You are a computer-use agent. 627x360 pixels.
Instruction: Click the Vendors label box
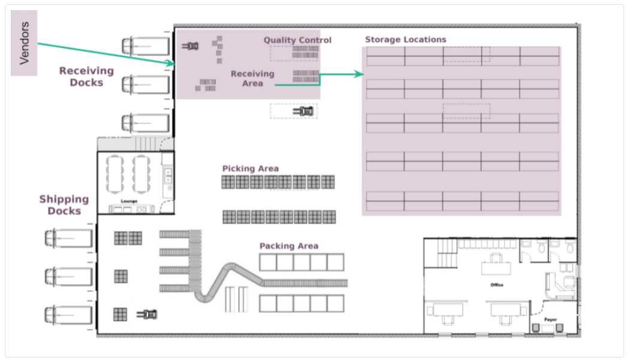click(24, 43)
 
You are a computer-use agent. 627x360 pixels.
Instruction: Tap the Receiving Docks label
click(86, 76)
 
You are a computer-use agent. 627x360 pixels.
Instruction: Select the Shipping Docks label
click(64, 205)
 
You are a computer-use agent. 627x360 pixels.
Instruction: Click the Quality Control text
click(297, 40)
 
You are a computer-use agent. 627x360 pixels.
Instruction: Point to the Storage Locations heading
click(405, 40)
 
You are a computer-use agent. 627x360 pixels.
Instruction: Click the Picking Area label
click(251, 168)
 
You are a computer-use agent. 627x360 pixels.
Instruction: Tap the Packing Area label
click(289, 246)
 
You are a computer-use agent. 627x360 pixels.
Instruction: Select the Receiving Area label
click(252, 78)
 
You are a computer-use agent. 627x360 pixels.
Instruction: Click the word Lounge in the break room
click(129, 201)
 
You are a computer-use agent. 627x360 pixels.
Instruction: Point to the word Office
click(497, 285)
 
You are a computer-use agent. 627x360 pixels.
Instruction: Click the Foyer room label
click(550, 320)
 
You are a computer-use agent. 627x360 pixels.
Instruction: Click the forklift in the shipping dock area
click(147, 314)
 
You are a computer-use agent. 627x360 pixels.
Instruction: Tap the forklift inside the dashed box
click(303, 111)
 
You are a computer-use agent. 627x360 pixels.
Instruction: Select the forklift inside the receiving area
click(191, 46)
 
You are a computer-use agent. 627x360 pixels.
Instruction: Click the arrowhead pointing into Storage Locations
click(358, 74)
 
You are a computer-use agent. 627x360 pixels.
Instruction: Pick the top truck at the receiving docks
click(146, 46)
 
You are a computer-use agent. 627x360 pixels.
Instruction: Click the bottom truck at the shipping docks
click(69, 314)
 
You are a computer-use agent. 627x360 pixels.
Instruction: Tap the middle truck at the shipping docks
click(69, 277)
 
